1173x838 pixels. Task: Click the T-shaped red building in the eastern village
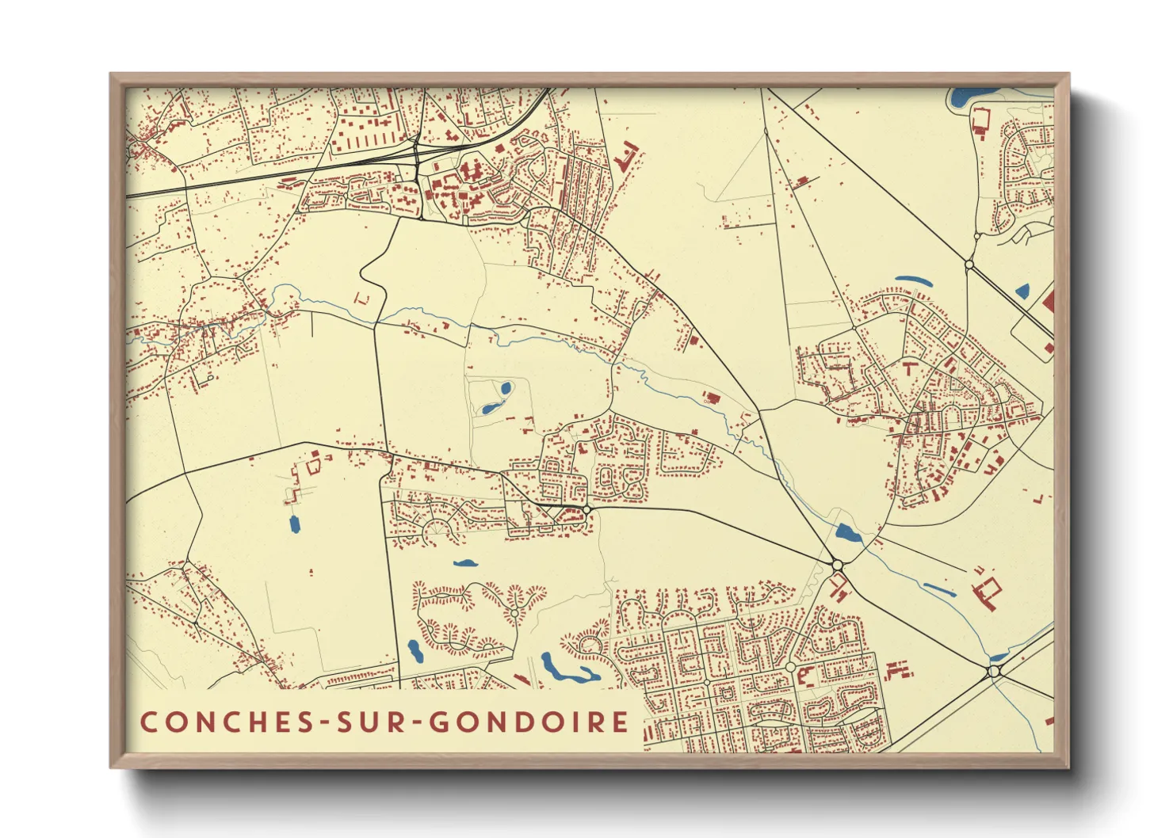pos(908,367)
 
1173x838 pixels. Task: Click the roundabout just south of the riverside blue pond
pos(837,565)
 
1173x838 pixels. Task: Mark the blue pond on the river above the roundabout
pos(847,534)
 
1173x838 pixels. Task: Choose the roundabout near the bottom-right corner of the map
pos(994,671)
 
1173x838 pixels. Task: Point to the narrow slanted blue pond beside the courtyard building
pos(940,589)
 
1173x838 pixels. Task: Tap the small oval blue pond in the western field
pos(294,524)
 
